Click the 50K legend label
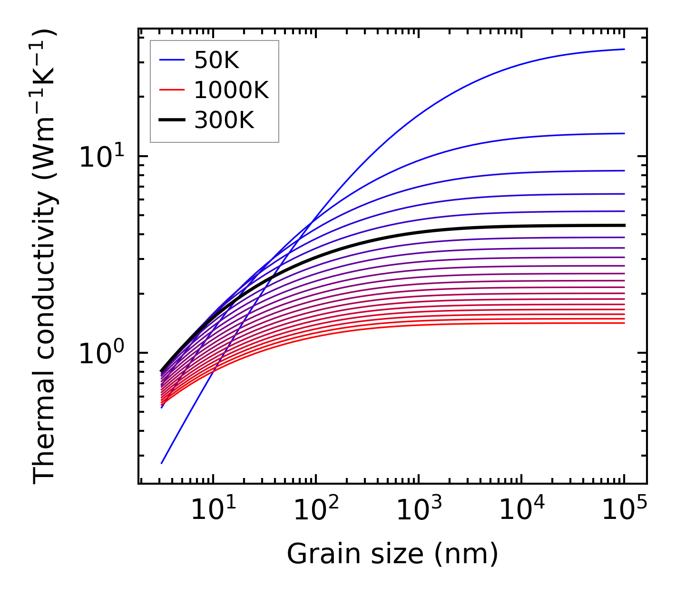point(216,60)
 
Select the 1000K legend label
point(231,90)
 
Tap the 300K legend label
point(224,120)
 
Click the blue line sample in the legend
point(171,60)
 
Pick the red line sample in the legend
point(171,90)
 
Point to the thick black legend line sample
point(171,120)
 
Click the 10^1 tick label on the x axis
point(213,510)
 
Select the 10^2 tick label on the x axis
point(316,510)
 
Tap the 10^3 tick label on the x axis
point(419,510)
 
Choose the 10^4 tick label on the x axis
point(521,510)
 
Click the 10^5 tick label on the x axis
point(624,510)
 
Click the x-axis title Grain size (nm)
point(392,554)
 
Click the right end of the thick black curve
point(624,225)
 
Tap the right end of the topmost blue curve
point(624,49)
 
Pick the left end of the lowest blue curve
point(162,463)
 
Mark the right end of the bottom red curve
point(624,323)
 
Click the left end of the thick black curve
point(162,371)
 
